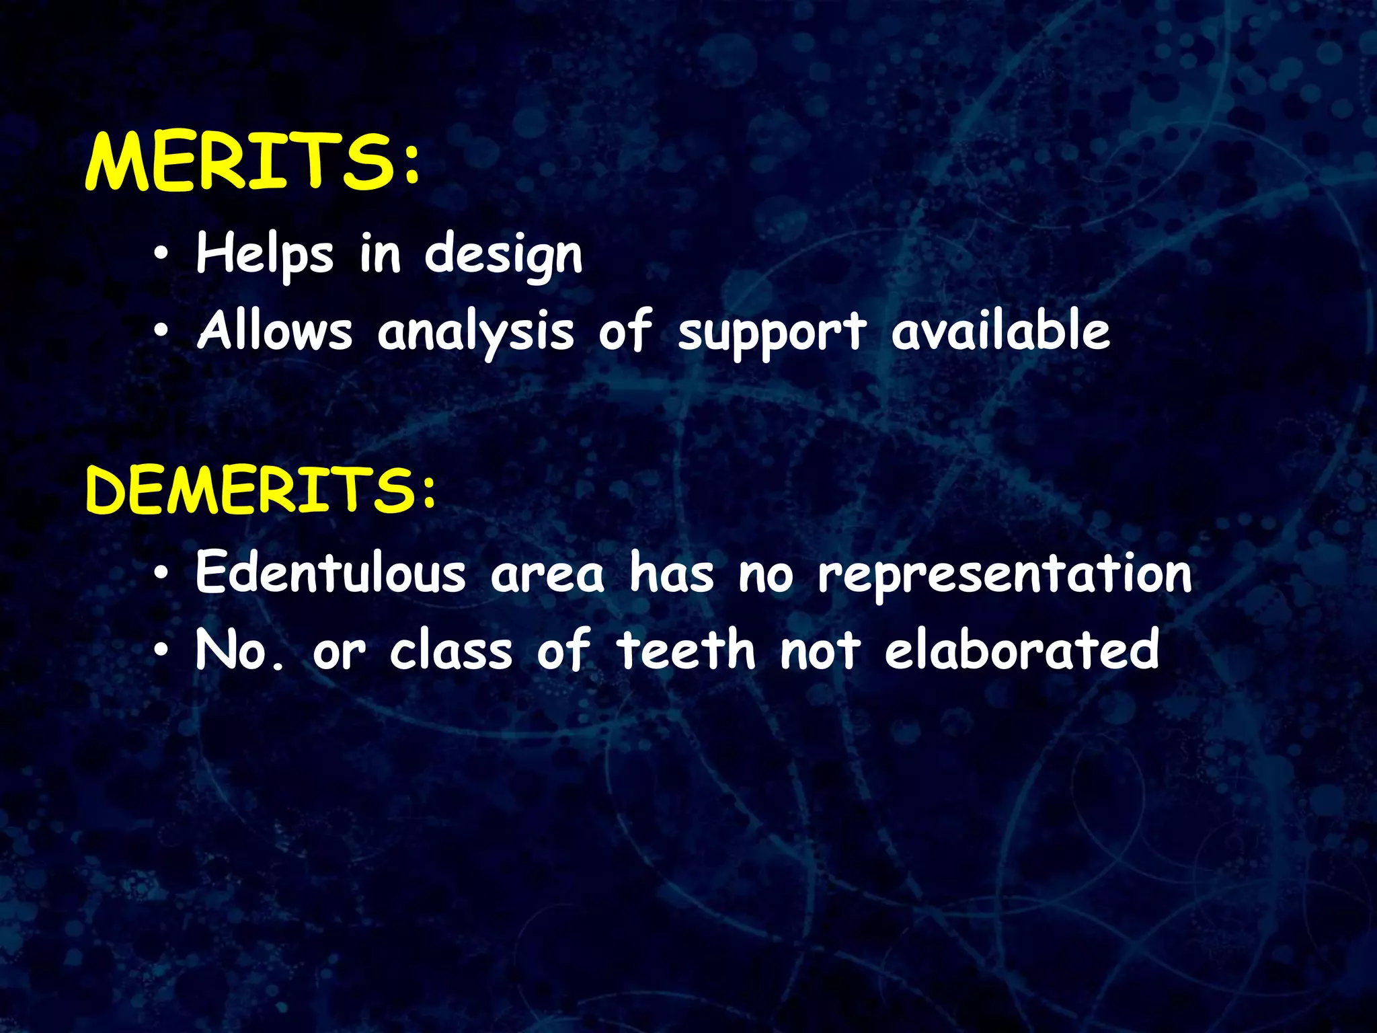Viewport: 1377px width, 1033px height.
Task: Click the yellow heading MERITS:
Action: pyautogui.click(x=253, y=162)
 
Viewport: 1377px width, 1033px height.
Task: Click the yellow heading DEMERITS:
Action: pyautogui.click(x=261, y=491)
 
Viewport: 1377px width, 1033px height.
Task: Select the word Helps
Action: pyautogui.click(x=264, y=255)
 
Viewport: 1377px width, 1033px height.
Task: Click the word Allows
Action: pyautogui.click(x=274, y=332)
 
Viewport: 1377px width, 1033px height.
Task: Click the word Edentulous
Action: pyautogui.click(x=330, y=573)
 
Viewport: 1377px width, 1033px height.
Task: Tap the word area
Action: pyautogui.click(x=547, y=576)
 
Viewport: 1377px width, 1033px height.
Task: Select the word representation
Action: pyautogui.click(x=1005, y=576)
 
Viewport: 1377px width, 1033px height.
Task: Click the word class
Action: pyautogui.click(x=451, y=650)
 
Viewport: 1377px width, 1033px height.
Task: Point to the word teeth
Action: pyautogui.click(x=686, y=650)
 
